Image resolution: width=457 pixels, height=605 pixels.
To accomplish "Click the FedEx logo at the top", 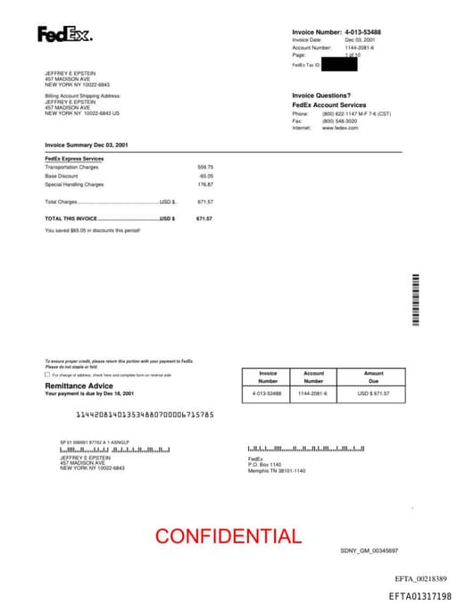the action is [63, 35].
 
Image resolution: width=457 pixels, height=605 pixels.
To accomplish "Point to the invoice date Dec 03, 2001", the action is [360, 40].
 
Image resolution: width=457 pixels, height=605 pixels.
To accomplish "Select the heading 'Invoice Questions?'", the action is [321, 95].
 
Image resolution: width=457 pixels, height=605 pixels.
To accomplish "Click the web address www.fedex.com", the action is [340, 128].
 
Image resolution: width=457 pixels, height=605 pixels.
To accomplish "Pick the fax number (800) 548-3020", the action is [340, 120].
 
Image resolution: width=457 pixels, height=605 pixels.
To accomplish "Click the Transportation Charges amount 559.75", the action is [205, 167].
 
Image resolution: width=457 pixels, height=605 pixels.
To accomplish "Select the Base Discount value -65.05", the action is [205, 176].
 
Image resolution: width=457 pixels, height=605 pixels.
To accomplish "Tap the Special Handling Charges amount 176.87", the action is [205, 185].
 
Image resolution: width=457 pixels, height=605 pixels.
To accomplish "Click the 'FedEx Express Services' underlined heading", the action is [74, 159].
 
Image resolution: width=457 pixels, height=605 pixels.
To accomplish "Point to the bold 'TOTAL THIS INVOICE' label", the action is [71, 218].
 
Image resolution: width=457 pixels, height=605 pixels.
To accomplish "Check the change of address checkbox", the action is [47, 375].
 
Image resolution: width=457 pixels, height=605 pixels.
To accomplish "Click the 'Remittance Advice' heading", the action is [79, 385].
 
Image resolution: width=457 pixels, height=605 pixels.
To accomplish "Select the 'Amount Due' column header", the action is [373, 377].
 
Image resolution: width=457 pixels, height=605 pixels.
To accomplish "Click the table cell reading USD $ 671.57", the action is [373, 393].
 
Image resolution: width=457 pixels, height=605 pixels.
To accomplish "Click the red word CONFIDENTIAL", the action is [228, 536].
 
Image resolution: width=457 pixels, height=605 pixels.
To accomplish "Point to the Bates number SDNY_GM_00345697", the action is [369, 551].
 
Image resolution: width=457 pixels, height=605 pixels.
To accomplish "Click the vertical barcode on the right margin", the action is [416, 299].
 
